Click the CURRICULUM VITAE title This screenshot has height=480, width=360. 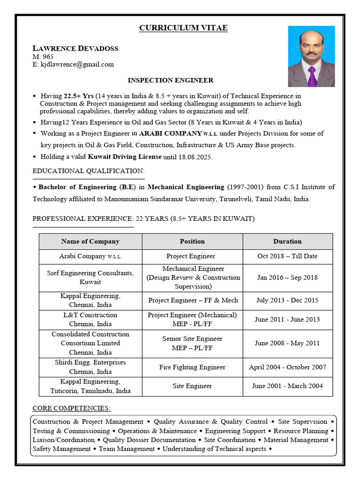point(183,28)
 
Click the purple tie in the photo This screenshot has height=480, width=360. point(312,76)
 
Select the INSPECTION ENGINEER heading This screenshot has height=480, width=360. point(171,81)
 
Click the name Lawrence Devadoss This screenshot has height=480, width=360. point(75,48)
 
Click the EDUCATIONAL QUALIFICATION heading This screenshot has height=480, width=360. point(89,171)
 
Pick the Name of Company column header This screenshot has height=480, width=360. point(90,241)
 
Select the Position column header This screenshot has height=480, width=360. point(192,241)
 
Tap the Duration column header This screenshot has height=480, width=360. point(287,241)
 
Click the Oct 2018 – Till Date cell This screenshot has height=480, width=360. point(287,256)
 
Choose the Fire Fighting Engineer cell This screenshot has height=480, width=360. point(192,367)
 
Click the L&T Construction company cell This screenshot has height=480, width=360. point(90,319)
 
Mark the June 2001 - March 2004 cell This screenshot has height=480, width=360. point(287,386)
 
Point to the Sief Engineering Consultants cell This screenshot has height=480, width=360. point(90,277)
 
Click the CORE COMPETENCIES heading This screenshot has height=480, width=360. point(71,408)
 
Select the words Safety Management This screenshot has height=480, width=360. point(61,449)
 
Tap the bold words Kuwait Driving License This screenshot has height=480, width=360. point(125,157)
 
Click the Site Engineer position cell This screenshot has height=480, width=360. point(192,386)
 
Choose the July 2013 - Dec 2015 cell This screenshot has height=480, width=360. point(287,300)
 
